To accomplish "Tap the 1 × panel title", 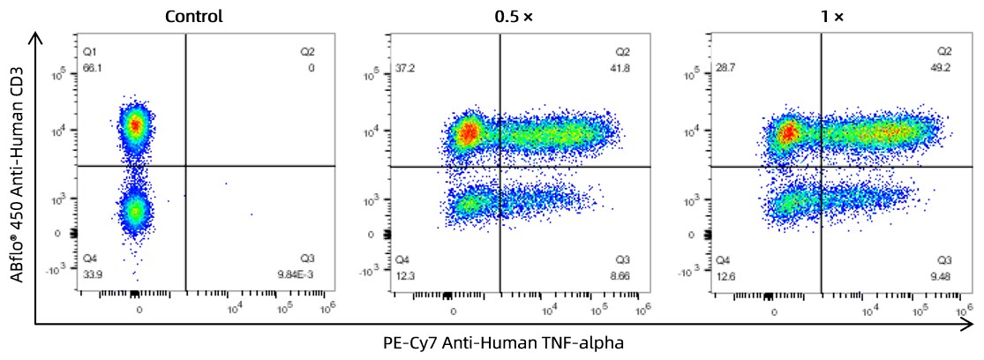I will (830, 16).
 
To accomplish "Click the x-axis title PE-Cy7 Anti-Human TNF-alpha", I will (503, 343).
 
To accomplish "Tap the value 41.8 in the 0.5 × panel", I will (624, 67).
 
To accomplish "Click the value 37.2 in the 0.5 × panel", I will (404, 67).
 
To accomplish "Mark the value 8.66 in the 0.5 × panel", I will (624, 274).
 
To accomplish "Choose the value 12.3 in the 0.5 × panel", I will (404, 274).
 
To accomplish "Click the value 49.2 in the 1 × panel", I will (943, 67).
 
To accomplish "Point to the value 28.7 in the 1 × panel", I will (725, 67).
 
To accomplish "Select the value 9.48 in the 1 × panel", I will (943, 274).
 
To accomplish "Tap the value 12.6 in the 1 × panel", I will (725, 274).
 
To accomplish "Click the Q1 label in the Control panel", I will (89, 52).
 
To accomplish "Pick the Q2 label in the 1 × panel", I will (944, 52).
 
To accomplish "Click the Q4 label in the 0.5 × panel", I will (402, 259).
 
